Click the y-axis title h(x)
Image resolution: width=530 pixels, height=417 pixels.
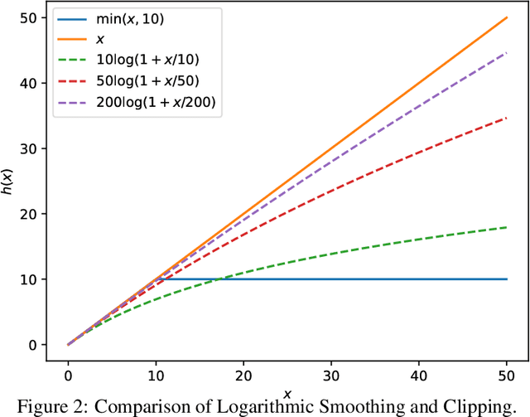click(8, 181)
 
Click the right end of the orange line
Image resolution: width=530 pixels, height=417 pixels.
click(507, 17)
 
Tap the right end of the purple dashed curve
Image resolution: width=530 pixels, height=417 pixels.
click(507, 52)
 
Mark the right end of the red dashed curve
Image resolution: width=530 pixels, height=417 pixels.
click(507, 118)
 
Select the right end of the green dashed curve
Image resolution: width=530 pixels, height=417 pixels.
click(507, 227)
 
